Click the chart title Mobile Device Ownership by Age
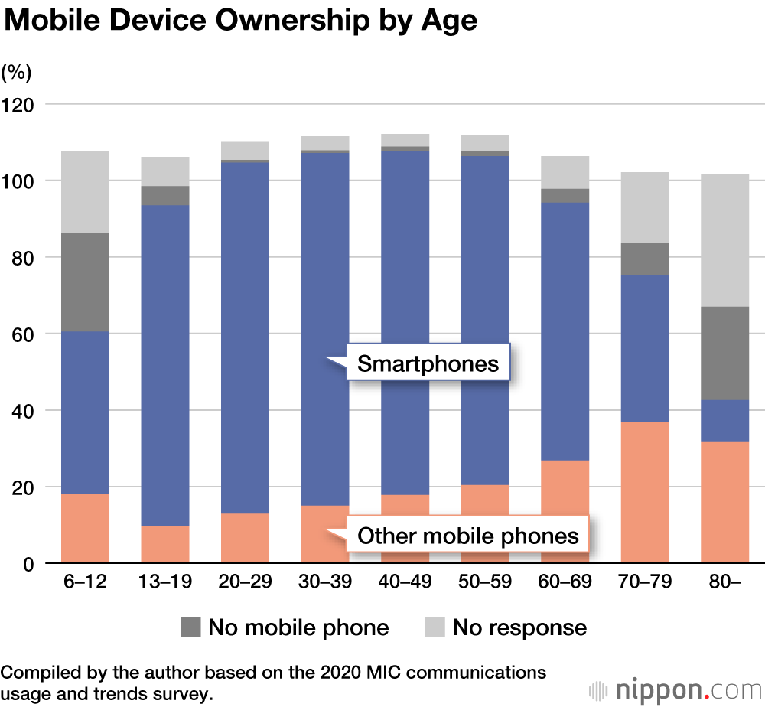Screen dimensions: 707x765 (x=240, y=21)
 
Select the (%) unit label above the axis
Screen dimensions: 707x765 (x=16, y=73)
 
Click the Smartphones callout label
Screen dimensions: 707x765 (x=428, y=363)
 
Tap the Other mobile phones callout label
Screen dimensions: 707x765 (x=468, y=536)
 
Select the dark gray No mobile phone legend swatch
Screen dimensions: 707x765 (x=190, y=628)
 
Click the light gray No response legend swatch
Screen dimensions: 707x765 (x=434, y=628)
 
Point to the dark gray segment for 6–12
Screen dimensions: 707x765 (x=85, y=282)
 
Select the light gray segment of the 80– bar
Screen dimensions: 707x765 (x=724, y=240)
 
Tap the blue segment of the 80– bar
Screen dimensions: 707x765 (x=724, y=421)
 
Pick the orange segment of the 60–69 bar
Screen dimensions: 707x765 (x=565, y=512)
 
